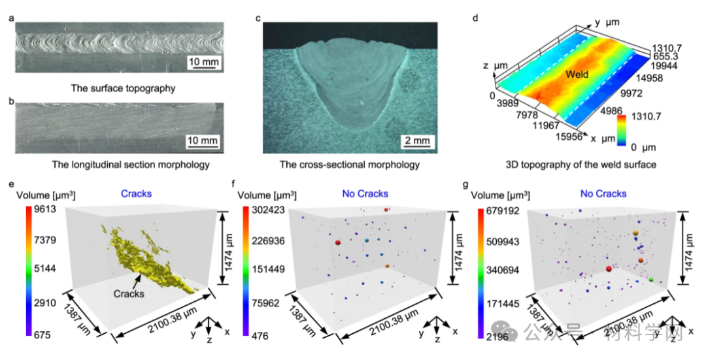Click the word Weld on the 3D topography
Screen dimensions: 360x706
click(x=577, y=74)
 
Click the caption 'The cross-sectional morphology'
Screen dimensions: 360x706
click(x=349, y=165)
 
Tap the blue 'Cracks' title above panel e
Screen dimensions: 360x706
click(x=137, y=194)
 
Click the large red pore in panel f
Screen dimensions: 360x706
click(x=338, y=242)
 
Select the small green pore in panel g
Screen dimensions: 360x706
click(x=651, y=280)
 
